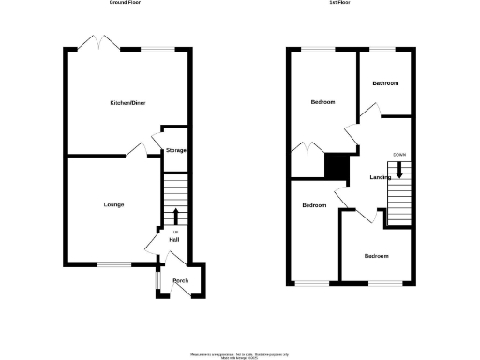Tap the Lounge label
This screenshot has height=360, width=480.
(x=113, y=204)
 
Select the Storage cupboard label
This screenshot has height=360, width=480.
(x=176, y=150)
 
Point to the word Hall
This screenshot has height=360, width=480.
(x=173, y=240)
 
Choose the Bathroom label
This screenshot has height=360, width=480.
(x=384, y=83)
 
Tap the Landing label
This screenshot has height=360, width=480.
(x=381, y=177)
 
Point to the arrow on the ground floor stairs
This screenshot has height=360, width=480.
(x=175, y=217)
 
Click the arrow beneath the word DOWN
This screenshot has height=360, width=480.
(x=400, y=170)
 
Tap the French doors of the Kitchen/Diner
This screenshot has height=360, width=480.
(x=97, y=42)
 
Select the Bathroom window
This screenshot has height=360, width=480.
(x=382, y=48)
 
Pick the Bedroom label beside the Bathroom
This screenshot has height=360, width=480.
(x=322, y=102)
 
